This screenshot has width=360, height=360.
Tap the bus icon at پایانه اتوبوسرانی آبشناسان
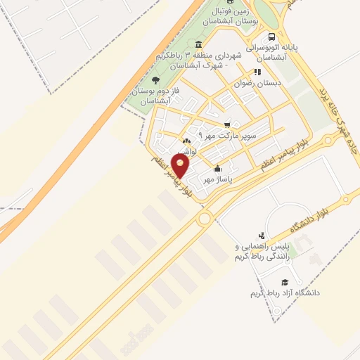click(x=271, y=37)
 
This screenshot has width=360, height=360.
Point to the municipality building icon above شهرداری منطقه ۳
click(x=198, y=44)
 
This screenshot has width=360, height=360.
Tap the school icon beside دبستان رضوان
click(x=258, y=72)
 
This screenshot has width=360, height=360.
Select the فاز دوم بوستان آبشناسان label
click(x=152, y=96)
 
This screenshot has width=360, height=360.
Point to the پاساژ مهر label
click(x=217, y=179)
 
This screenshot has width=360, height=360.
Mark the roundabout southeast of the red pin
click(x=205, y=219)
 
